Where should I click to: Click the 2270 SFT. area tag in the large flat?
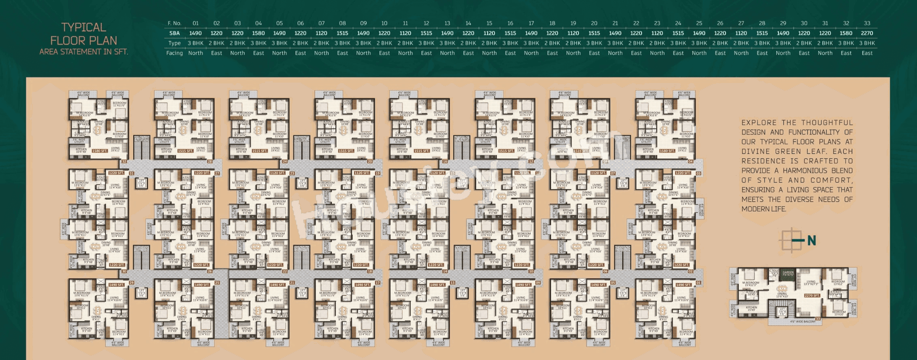tap(813, 296)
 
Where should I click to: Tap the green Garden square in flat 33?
tap(788, 273)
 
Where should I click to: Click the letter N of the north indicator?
tap(811, 241)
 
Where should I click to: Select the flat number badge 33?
tap(818, 319)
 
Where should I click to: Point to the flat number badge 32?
tap(124, 161)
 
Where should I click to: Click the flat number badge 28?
tap(210, 161)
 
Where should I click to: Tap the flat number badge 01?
tap(698, 283)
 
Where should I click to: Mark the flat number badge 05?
tap(613, 283)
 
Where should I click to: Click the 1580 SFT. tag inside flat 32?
tap(100, 151)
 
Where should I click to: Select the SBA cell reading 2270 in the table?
tap(867, 33)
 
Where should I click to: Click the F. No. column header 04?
tap(258, 23)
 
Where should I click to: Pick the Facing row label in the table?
tap(175, 53)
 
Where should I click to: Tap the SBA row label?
tap(175, 33)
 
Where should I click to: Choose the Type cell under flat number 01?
tap(196, 43)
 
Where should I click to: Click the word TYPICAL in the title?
tap(84, 27)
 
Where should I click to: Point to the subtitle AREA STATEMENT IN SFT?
tap(84, 52)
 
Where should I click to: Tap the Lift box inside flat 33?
tap(782, 311)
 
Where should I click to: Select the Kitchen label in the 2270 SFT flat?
tap(751, 308)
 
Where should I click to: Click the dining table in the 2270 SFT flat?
tap(782, 288)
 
